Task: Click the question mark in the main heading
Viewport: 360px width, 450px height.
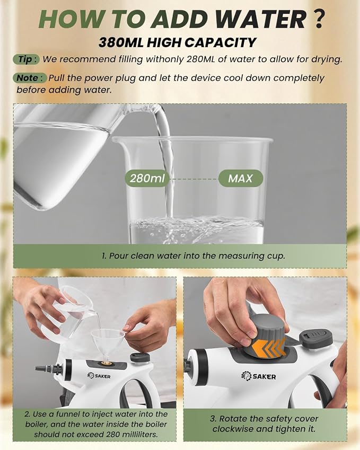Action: tap(318, 19)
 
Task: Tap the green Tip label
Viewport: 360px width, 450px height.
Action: tap(26, 59)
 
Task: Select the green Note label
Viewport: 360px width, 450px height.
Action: tap(29, 78)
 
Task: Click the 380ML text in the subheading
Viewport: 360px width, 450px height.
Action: tap(121, 42)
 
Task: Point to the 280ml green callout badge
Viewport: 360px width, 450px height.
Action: tap(147, 178)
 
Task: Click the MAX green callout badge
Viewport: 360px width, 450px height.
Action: tap(241, 178)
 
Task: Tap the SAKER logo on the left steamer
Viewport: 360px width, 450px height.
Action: tap(99, 375)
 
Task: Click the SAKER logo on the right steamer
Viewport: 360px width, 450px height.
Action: tap(258, 376)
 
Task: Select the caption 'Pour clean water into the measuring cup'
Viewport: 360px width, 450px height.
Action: tap(194, 255)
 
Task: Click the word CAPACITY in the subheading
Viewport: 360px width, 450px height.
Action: tap(220, 42)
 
